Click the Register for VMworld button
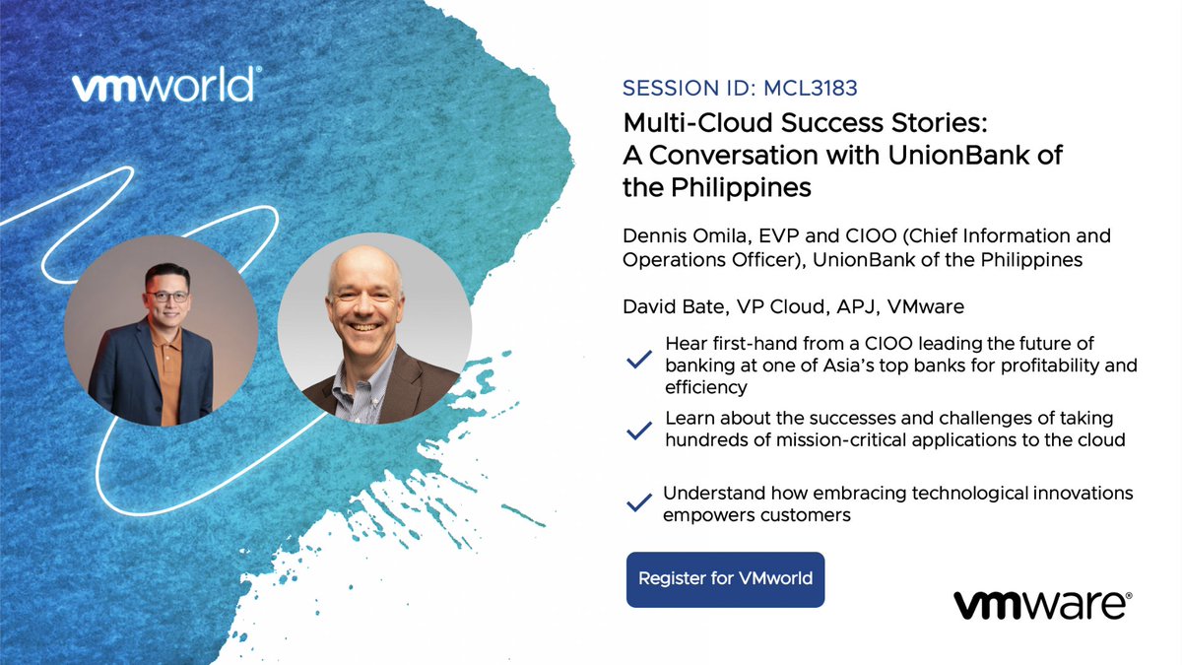[725, 578]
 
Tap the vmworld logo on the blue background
[165, 87]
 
